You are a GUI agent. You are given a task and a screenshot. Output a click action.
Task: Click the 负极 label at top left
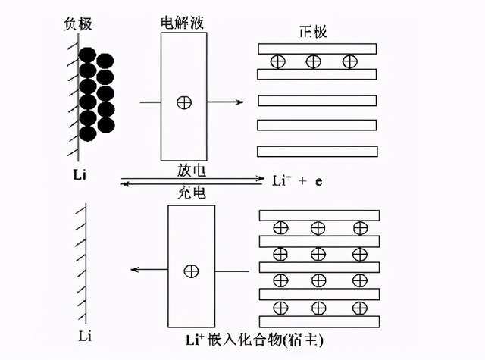78,23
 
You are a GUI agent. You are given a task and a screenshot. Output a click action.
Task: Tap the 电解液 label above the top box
183,23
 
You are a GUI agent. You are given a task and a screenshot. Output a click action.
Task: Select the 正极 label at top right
313,32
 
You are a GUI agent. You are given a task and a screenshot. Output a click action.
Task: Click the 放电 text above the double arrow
192,170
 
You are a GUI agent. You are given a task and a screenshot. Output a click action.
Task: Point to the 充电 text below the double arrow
192,193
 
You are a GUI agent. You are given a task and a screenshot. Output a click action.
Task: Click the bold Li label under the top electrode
80,175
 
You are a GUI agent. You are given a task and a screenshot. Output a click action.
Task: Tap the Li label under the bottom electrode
85,336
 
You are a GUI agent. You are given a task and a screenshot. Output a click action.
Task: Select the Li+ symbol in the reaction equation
281,180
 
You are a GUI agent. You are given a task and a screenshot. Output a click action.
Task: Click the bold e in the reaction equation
319,181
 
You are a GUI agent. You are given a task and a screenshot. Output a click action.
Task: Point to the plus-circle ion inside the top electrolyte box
184,102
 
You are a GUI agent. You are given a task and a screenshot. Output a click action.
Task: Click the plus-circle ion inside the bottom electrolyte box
192,271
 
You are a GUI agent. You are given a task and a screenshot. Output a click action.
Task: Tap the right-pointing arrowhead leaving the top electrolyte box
239,102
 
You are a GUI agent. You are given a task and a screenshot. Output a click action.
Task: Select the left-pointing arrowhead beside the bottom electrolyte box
136,270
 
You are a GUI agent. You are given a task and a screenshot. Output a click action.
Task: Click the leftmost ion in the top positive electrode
278,61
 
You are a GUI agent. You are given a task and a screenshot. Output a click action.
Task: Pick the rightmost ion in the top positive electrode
350,61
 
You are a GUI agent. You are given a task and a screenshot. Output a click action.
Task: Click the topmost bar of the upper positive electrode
318,49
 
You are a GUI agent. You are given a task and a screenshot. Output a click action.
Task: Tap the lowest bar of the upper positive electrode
318,152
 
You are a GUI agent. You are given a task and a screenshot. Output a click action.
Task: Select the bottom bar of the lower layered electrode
319,321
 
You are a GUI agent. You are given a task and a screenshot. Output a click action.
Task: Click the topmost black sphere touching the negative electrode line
88,55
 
